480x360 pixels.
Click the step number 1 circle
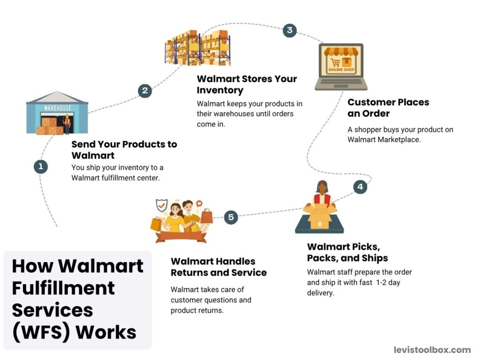click(41, 166)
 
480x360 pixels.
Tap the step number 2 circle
click(145, 90)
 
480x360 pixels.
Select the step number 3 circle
click(290, 31)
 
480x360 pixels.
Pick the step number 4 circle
click(360, 187)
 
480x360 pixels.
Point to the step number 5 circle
click(231, 217)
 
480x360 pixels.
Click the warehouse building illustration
click(57, 114)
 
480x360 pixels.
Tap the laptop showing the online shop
click(341, 67)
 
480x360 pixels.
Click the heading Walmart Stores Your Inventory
click(247, 84)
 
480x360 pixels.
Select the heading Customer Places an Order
click(388, 108)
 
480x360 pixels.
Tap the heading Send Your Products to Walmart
click(124, 150)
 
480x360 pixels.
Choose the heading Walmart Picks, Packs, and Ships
click(347, 252)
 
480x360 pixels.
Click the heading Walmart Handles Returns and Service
click(218, 267)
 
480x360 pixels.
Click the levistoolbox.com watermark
click(432, 350)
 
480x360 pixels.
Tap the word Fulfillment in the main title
click(63, 288)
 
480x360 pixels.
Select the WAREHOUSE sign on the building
click(57, 108)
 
